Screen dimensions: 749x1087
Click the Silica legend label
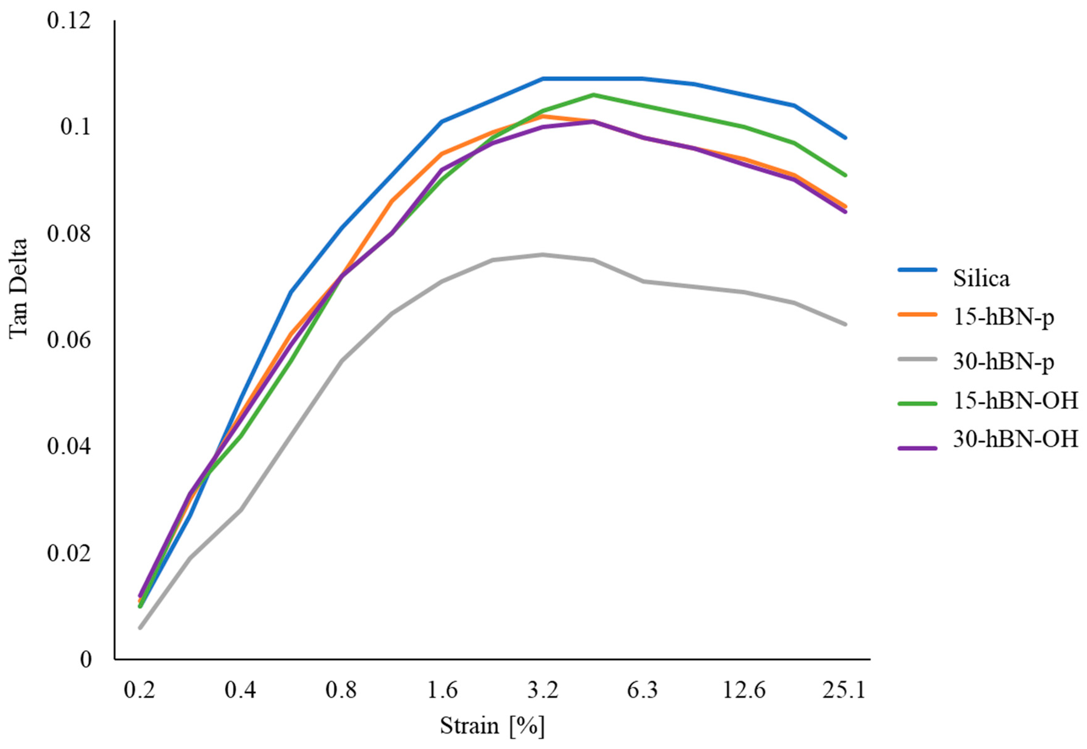[x=981, y=278]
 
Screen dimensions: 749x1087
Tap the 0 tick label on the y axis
[x=85, y=660]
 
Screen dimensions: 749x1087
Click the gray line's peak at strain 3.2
[x=543, y=255]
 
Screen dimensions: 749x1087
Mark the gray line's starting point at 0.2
[x=140, y=627]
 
